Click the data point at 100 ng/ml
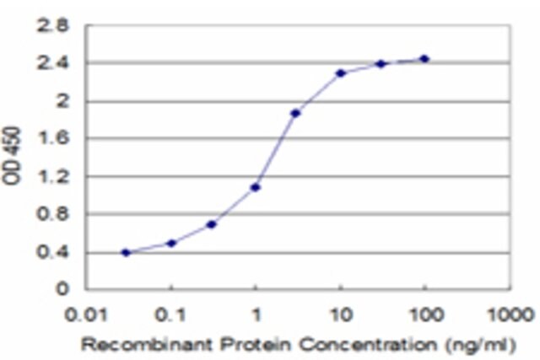[x=424, y=59]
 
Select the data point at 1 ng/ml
[x=255, y=187]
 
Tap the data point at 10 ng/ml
[x=341, y=73]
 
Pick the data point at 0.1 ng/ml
[x=171, y=244]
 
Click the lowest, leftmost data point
[x=126, y=253]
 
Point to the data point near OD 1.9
[x=295, y=113]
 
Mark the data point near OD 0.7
[x=211, y=225]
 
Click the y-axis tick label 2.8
[x=53, y=26]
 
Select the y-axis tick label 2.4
[x=53, y=63]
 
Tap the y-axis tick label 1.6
[x=54, y=138]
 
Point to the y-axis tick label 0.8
[x=53, y=214]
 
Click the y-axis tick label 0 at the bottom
[x=62, y=288]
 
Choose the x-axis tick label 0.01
[x=86, y=315]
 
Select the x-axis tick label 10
[x=342, y=315]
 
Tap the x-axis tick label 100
[x=426, y=315]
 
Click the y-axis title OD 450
[x=11, y=156]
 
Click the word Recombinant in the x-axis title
[x=147, y=345]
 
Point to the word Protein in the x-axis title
[x=256, y=345]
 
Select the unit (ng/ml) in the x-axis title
[x=481, y=345]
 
